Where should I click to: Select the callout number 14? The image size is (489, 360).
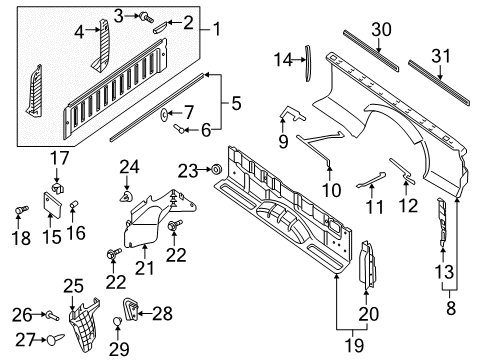pos(283,59)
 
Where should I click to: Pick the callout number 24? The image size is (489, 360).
pos(128,166)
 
